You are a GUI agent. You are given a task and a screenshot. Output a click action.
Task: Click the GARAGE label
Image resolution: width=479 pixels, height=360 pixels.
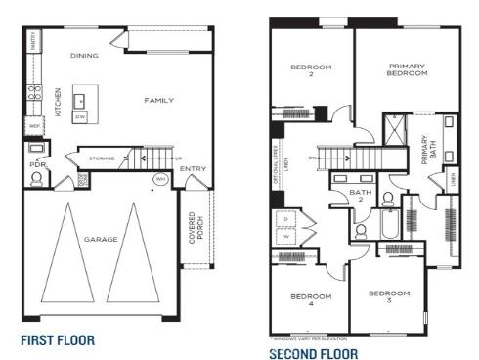tap(101, 239)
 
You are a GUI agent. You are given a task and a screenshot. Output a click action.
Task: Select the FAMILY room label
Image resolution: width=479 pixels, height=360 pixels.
tap(158, 100)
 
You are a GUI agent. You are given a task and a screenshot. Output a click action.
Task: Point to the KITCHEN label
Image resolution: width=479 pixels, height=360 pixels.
tap(59, 102)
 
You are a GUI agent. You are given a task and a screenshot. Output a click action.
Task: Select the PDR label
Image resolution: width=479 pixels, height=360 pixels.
tap(38, 165)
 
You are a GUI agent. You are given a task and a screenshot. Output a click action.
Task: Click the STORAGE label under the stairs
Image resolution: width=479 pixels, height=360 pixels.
tap(102, 157)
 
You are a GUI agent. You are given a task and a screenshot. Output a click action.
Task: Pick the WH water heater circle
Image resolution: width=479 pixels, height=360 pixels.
tap(158, 179)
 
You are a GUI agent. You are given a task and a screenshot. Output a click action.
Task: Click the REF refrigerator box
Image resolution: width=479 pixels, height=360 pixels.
tap(35, 126)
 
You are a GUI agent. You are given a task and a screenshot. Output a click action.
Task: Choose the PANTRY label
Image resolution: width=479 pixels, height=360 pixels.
tap(33, 41)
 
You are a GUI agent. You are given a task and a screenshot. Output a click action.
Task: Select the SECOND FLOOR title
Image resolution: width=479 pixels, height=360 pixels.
tap(314, 352)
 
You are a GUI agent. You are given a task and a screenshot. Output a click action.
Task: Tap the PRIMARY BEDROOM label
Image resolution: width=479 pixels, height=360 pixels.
tap(407, 69)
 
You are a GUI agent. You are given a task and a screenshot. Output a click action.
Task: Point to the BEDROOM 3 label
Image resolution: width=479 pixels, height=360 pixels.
tap(388, 296)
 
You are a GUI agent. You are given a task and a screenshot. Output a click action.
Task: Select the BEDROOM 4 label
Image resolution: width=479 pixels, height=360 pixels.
tap(310, 300)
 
